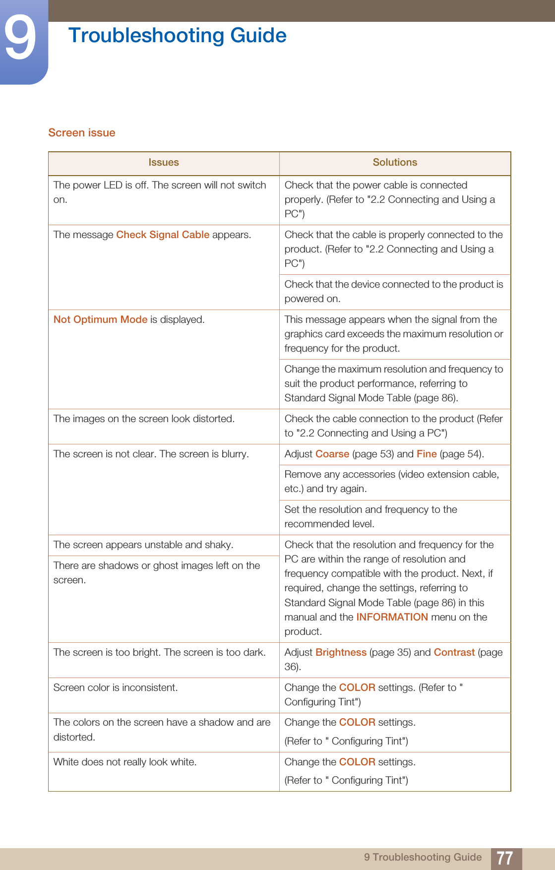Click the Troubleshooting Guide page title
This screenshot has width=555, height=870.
tap(177, 36)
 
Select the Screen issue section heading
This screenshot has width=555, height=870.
tap(82, 133)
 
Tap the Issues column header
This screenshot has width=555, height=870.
tap(164, 163)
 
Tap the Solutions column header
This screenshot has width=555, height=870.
tap(395, 163)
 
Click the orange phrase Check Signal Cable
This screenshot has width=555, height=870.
tap(163, 235)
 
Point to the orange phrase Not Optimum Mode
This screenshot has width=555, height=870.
tap(100, 319)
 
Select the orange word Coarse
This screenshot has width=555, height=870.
tap(332, 454)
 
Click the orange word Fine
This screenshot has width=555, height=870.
tap(427, 454)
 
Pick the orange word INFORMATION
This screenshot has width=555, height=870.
tap(392, 617)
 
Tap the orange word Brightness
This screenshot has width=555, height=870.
tap(341, 652)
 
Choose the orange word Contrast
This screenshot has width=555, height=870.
tap(454, 652)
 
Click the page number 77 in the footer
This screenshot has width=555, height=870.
tap(505, 858)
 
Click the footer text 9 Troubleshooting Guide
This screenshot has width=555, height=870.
tap(423, 857)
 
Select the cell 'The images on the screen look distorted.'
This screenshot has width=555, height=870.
tap(144, 419)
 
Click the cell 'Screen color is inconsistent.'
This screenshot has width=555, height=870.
tap(116, 687)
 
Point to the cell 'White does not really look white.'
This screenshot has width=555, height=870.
tap(125, 762)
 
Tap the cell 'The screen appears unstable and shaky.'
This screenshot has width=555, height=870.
tap(143, 545)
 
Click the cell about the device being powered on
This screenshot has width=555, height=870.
tap(394, 292)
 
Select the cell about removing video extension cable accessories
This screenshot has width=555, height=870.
tap(392, 482)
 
